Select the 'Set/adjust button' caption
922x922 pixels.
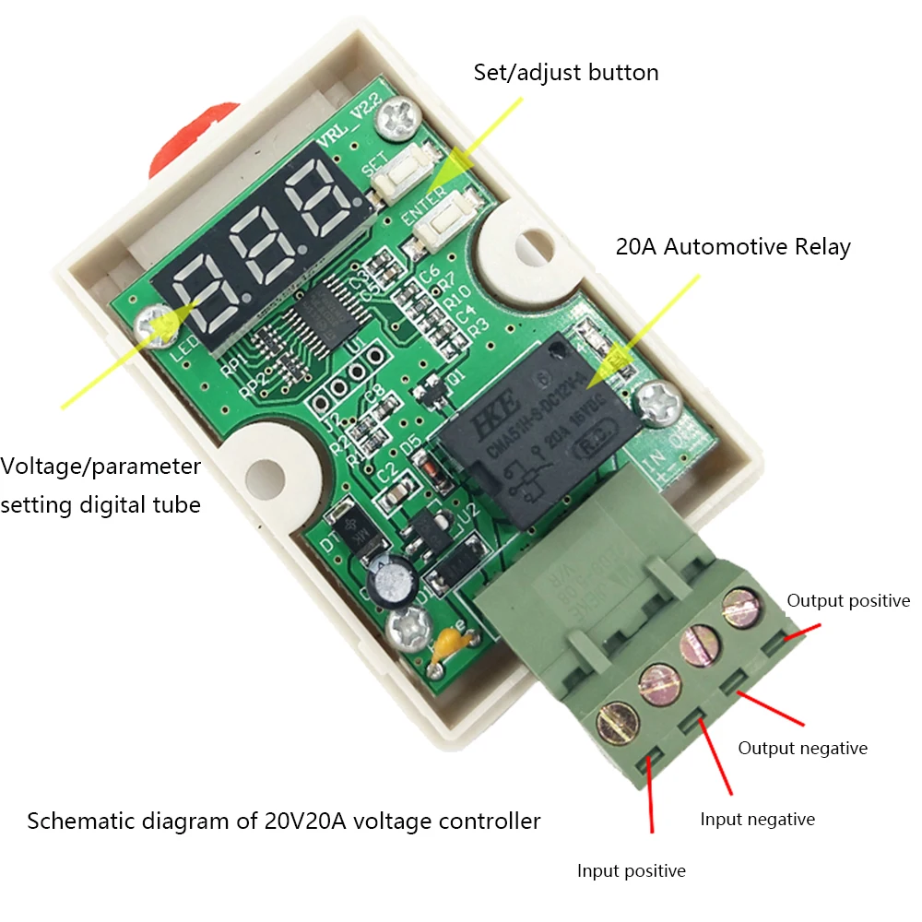pos(566,72)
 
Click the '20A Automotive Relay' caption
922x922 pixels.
pos(733,247)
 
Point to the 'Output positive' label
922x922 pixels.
pos(848,600)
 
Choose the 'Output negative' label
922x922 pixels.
pos(802,748)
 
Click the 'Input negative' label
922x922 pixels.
pos(757,819)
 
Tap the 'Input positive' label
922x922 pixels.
pos(632,870)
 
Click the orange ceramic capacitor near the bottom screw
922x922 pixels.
pos(450,644)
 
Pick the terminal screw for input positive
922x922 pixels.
pos(619,722)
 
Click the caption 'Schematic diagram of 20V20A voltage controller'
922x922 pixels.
pos(283,820)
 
